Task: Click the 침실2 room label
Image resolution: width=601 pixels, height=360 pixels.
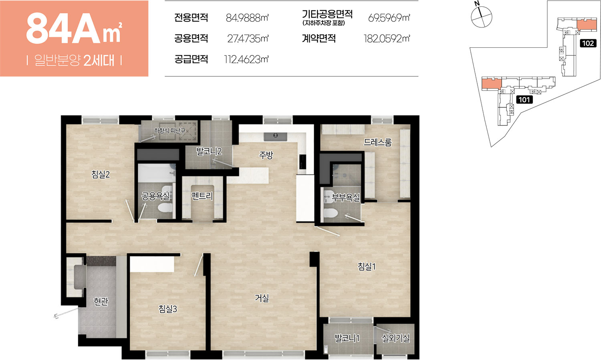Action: (101, 175)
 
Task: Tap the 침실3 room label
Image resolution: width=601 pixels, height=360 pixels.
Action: (168, 309)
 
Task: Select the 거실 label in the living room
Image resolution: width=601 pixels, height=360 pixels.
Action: (262, 298)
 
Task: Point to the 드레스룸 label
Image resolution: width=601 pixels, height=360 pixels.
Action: (377, 142)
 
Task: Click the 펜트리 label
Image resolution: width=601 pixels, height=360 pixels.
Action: (202, 196)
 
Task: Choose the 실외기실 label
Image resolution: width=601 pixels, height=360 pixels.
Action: (396, 338)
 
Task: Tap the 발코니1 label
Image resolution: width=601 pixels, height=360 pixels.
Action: (347, 338)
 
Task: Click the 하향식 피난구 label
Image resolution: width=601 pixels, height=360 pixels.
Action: (169, 131)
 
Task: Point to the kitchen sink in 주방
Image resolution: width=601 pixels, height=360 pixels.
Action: (275, 137)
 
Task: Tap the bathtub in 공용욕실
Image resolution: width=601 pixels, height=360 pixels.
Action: (157, 173)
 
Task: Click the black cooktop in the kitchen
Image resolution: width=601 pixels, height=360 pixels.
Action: (303, 162)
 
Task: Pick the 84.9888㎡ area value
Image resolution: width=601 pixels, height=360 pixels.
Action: (247, 18)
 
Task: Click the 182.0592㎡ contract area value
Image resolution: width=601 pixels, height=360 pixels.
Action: (387, 38)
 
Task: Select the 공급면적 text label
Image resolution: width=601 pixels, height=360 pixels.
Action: (191, 59)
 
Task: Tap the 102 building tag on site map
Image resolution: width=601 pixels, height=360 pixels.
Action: (588, 43)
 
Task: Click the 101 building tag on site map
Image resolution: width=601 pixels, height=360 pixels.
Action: (524, 100)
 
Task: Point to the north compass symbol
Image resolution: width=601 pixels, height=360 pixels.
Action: (481, 16)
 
